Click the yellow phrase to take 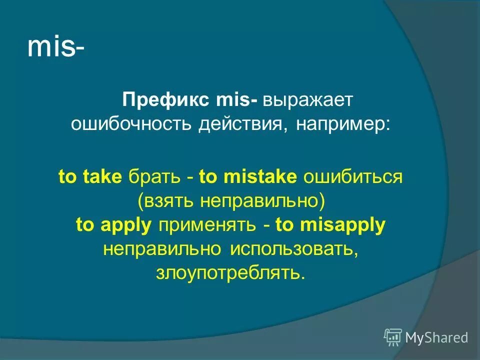click(x=90, y=177)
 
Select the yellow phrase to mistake click(x=248, y=177)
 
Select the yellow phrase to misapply click(x=330, y=225)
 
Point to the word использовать click(x=293, y=249)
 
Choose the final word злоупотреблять click(x=229, y=273)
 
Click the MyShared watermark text click(x=436, y=337)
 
